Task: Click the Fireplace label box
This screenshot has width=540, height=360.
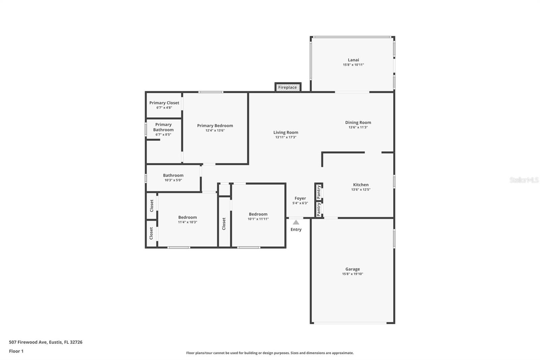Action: coord(288,87)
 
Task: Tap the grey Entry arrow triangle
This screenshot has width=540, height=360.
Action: coord(296,222)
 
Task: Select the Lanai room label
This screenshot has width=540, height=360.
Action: coord(353,60)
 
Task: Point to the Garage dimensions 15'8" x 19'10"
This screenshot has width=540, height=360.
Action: coord(352,274)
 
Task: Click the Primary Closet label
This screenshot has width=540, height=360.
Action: coord(164,103)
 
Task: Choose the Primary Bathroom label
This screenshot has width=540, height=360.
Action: coord(163,127)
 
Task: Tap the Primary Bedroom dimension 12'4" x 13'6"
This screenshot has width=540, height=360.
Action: coord(215,130)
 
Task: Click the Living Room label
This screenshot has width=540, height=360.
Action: coord(286,133)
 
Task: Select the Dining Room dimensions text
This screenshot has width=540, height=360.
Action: coord(358,127)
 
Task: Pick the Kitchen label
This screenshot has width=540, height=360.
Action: coord(360,185)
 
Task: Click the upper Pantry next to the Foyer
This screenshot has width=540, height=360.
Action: coord(319,192)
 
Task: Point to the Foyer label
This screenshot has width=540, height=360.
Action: coord(300,199)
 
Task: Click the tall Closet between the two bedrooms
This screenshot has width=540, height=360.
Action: coord(224,224)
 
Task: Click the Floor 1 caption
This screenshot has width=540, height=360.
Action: coord(16,351)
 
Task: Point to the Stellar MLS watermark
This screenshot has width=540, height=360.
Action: coord(524,180)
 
